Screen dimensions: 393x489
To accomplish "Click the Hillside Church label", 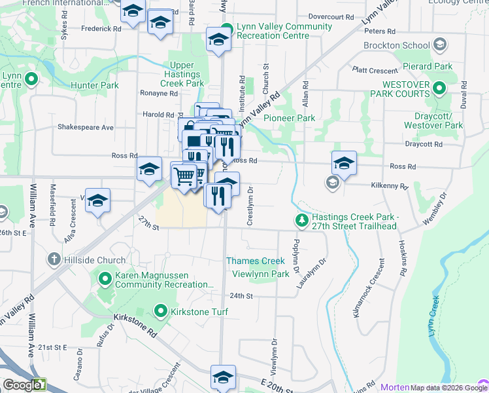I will tap(94, 260).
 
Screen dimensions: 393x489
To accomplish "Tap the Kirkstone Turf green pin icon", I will tap(160, 310).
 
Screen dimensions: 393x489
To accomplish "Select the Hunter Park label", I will tap(95, 85).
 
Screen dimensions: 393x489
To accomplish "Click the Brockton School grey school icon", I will tap(440, 45).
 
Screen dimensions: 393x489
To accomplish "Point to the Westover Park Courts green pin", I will tap(439, 88).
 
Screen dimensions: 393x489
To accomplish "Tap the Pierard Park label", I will tap(428, 67).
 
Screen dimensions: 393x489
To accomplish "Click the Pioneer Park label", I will tap(289, 118).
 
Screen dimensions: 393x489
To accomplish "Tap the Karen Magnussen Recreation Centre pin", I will tap(105, 280).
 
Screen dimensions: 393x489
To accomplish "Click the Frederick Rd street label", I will tap(101, 29).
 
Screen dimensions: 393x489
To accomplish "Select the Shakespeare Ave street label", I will tap(86, 127).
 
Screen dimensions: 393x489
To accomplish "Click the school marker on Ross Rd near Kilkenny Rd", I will tap(344, 162).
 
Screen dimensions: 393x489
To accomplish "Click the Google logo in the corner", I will tap(23, 385).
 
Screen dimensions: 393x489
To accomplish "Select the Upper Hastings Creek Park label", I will tap(186, 74).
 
